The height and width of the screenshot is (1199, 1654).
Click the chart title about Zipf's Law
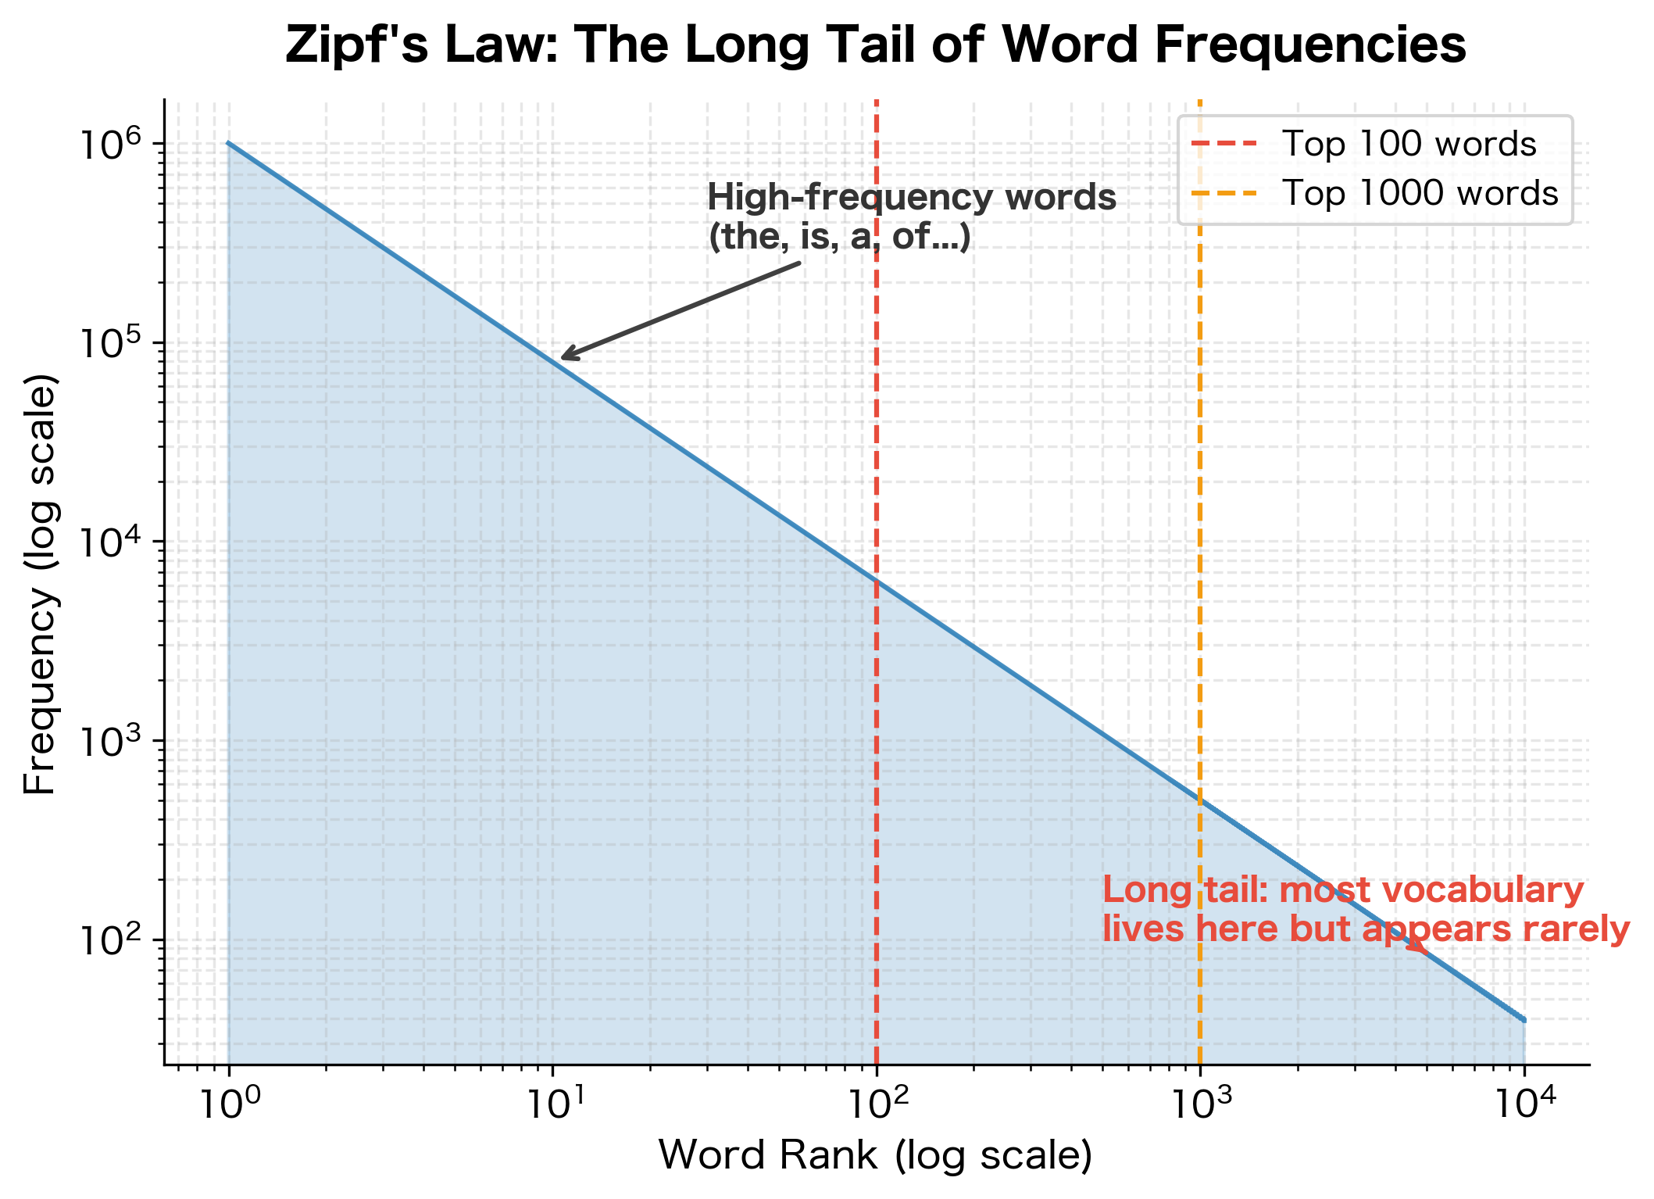click(875, 45)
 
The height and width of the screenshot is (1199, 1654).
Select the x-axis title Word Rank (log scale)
click(875, 1155)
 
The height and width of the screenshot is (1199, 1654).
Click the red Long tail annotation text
click(1365, 910)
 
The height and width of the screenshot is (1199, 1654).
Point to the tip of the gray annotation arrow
click(563, 359)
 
